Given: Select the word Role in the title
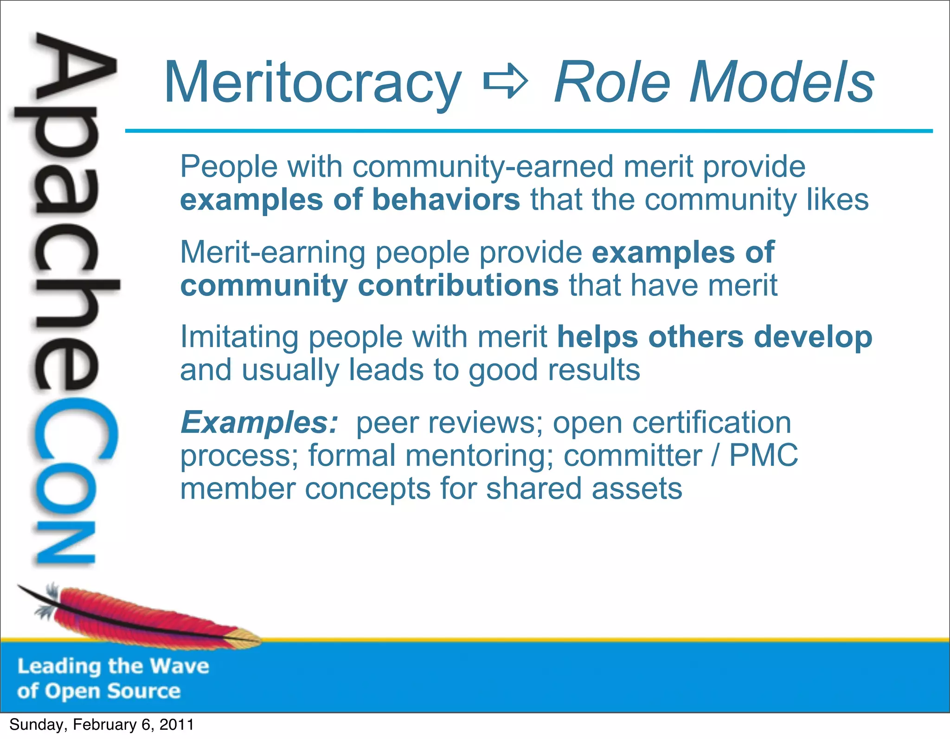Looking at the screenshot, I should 612,83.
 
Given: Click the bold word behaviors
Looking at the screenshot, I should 446,200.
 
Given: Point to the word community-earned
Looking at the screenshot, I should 482,167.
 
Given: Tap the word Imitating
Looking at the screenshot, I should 239,337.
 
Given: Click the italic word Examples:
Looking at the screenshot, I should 259,423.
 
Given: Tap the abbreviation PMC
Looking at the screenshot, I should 763,456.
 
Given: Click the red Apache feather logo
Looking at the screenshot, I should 139,615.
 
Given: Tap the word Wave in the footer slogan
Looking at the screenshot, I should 180,666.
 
